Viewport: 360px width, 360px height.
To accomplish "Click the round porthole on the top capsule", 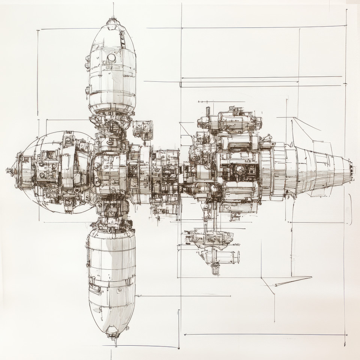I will click(x=111, y=58).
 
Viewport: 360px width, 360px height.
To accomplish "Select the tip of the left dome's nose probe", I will click(x=7, y=171).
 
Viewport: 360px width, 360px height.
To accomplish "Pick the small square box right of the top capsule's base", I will click(x=143, y=128).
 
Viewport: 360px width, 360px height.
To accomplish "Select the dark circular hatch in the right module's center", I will click(x=239, y=169).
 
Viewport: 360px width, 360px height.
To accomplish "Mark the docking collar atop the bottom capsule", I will click(x=111, y=225).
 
